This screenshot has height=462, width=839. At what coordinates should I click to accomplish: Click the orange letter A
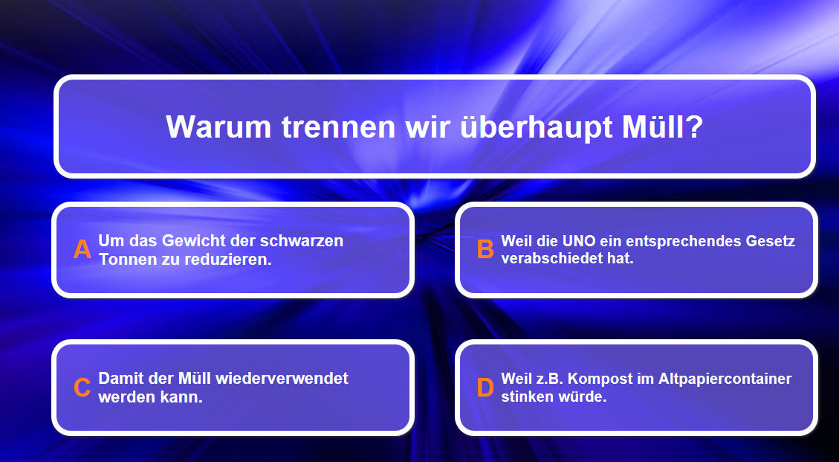click(82, 250)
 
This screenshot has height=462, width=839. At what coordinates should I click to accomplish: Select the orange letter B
click(485, 250)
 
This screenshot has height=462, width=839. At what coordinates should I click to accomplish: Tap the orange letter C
click(82, 388)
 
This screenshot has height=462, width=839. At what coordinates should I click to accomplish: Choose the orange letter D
click(485, 388)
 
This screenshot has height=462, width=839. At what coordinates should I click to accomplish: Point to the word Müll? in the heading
click(662, 127)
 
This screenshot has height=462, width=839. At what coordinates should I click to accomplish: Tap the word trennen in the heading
click(338, 127)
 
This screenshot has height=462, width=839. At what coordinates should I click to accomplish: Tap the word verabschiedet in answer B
click(552, 258)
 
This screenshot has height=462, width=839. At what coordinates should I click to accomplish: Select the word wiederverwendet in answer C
click(282, 379)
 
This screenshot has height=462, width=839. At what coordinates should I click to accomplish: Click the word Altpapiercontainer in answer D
click(725, 379)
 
